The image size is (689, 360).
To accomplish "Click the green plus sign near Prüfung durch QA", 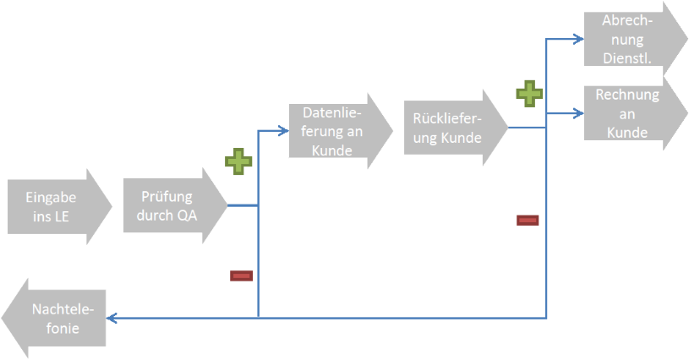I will coord(238,161).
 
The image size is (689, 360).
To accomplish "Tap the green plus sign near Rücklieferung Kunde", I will coord(528,93).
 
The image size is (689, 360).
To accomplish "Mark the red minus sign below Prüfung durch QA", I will coord(241,275).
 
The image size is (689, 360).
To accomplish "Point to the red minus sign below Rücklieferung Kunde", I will coord(528,221).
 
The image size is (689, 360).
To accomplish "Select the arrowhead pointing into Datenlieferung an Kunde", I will coord(282,131).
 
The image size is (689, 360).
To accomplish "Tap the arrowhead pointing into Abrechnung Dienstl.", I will coord(578,39).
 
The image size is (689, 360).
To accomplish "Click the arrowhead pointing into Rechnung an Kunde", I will coord(578,113).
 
